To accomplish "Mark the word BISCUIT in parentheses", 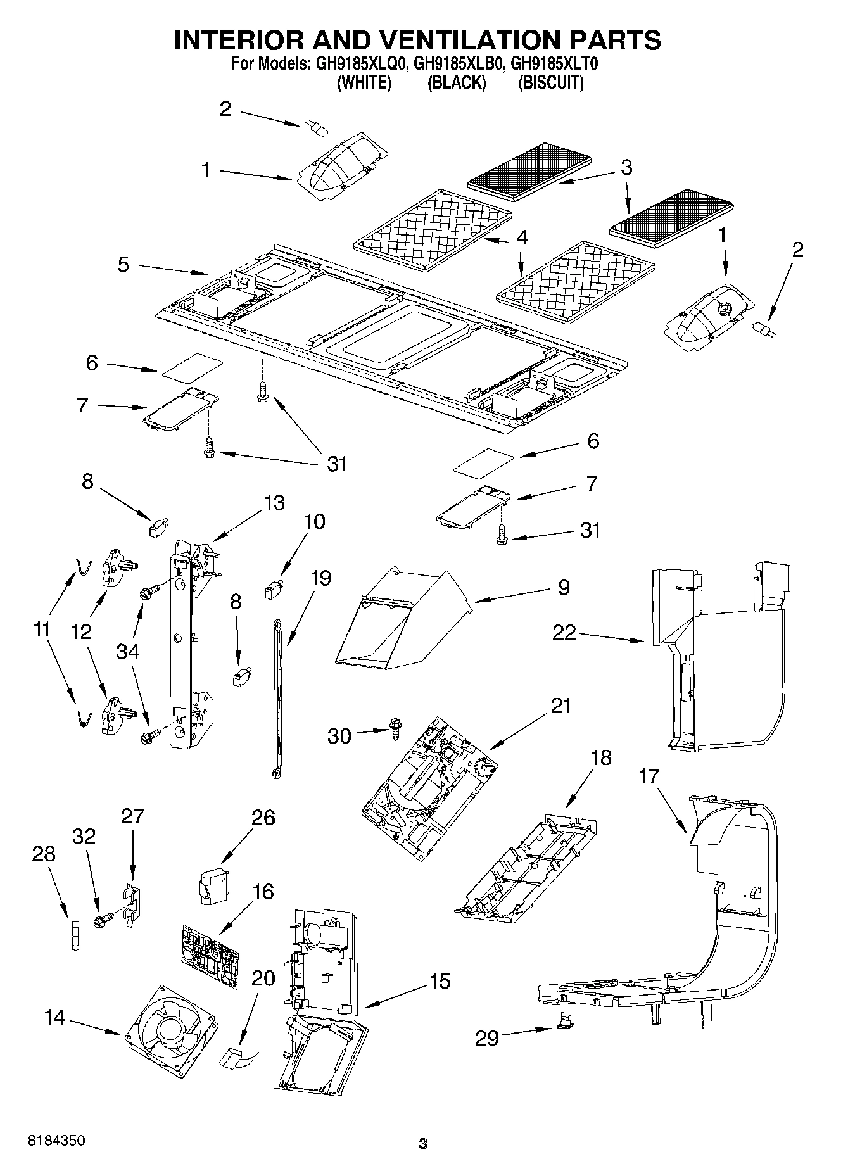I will [x=550, y=82].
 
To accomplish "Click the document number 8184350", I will [x=56, y=1140].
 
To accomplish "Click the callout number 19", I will [x=321, y=578].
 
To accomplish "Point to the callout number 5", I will [x=123, y=265].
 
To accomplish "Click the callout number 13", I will [x=274, y=503].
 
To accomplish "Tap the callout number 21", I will [x=560, y=706].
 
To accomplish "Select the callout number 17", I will [x=649, y=776].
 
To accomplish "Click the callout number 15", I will [x=440, y=982].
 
